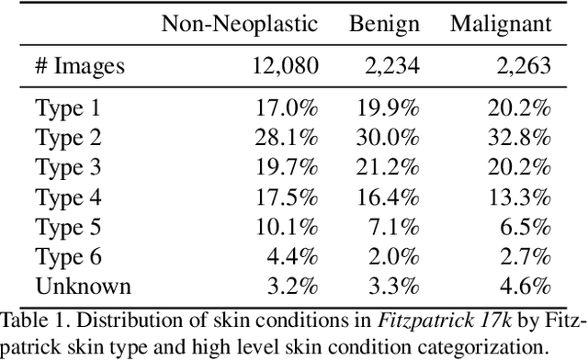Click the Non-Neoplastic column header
point(240,24)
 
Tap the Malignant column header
point(501,24)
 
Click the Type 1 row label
point(67,109)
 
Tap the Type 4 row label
point(67,197)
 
